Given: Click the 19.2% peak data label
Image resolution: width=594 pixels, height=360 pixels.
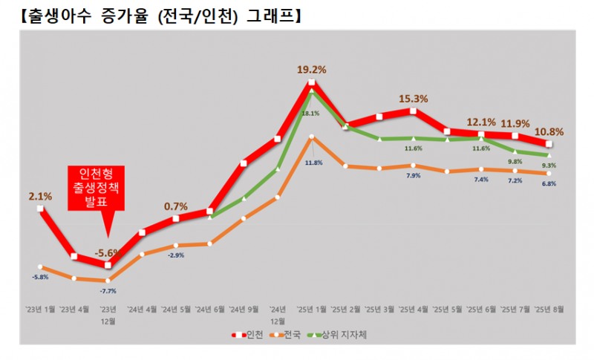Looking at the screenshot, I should click(312, 70).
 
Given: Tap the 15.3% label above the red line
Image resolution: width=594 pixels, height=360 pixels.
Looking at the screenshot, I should click(413, 98).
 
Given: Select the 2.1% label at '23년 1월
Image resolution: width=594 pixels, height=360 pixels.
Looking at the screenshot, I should click(40, 197).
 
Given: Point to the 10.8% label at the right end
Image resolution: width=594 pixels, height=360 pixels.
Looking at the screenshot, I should click(549, 132).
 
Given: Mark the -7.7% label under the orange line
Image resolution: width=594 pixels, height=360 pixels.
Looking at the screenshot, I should click(108, 292).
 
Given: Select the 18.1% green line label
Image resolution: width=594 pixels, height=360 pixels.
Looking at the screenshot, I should click(310, 114).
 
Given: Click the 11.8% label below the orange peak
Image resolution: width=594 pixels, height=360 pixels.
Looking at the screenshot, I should click(313, 163).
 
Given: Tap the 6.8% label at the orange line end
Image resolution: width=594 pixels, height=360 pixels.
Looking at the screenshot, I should click(549, 183).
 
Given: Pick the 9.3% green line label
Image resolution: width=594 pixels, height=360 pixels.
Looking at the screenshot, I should click(549, 165).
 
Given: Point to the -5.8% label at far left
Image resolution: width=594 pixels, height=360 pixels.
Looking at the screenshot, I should click(41, 277).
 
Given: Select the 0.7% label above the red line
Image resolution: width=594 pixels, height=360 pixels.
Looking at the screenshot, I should click(176, 206).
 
